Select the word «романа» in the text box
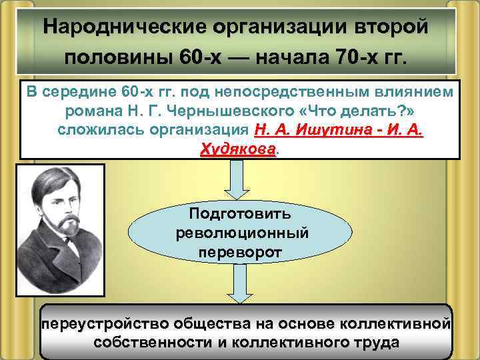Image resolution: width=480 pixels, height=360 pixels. (91, 109)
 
